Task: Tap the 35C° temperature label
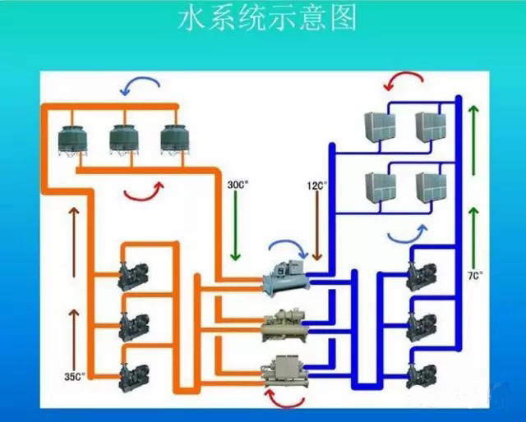coord(75,377)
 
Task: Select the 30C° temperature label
coord(237,185)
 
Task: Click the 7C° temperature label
coord(475,277)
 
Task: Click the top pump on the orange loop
coord(132,277)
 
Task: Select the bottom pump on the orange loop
coord(132,378)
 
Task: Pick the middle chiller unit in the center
coord(284,325)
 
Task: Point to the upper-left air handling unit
coord(381,126)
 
